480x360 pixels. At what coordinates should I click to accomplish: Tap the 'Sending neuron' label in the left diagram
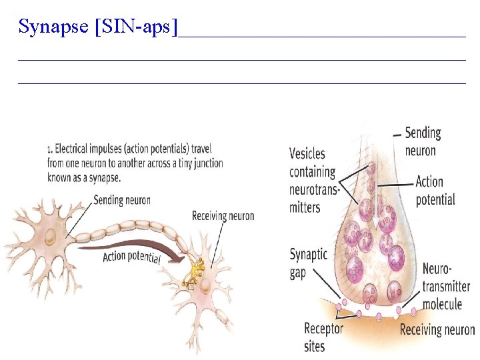(122, 199)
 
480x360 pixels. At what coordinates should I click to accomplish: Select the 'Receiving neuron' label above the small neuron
(223, 216)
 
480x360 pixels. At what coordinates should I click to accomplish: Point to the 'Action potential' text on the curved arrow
(131, 256)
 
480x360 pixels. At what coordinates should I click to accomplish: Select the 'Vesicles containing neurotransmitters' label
(314, 180)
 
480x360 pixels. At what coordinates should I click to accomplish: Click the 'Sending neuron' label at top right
(423, 141)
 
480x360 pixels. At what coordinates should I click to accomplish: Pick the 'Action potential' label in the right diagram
(435, 190)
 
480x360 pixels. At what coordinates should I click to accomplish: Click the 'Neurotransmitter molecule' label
(445, 287)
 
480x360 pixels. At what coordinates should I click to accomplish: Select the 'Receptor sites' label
(323, 336)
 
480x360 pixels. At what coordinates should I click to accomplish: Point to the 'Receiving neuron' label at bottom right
(437, 329)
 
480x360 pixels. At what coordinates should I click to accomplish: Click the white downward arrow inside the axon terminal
(375, 200)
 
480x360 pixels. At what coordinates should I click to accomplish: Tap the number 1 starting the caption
(49, 149)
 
